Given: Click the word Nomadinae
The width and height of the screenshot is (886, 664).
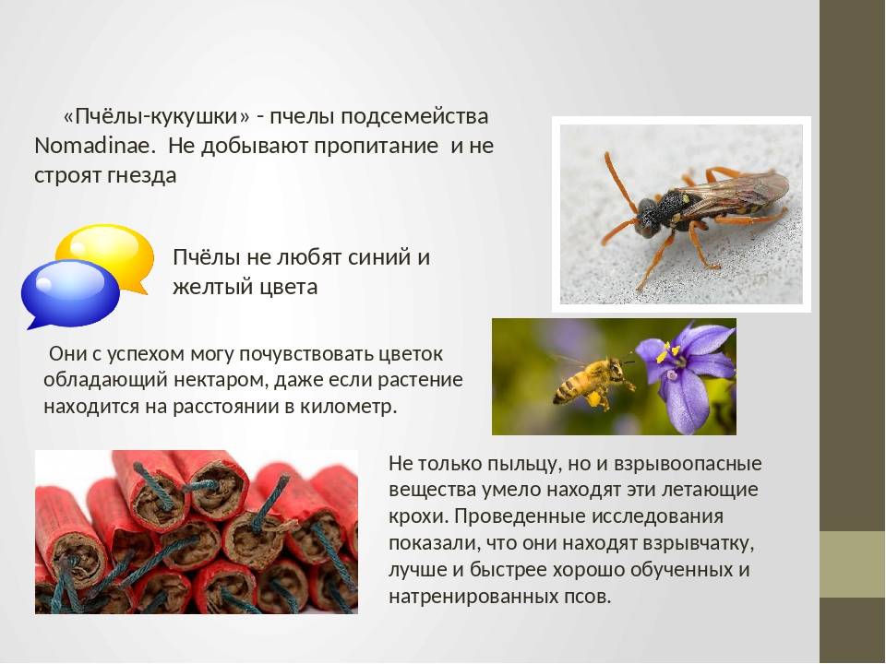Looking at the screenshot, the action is tap(94, 146).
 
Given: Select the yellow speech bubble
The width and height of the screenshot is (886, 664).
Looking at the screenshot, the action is tap(107, 255).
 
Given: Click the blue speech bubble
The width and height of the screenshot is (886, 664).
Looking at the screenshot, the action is tap(70, 292).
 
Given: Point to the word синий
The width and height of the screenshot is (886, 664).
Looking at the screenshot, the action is tap(378, 257).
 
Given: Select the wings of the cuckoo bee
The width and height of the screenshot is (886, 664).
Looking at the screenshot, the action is tap(736, 190).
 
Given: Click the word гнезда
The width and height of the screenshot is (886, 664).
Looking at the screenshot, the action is tap(141, 175).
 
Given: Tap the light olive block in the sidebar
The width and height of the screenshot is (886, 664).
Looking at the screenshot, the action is tap(853, 564).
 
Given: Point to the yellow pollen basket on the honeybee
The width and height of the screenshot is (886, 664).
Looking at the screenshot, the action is tap(593, 399).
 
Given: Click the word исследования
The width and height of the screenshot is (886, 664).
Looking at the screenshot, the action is tap(658, 516).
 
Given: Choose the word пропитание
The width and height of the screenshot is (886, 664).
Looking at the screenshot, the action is tap(377, 147).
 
